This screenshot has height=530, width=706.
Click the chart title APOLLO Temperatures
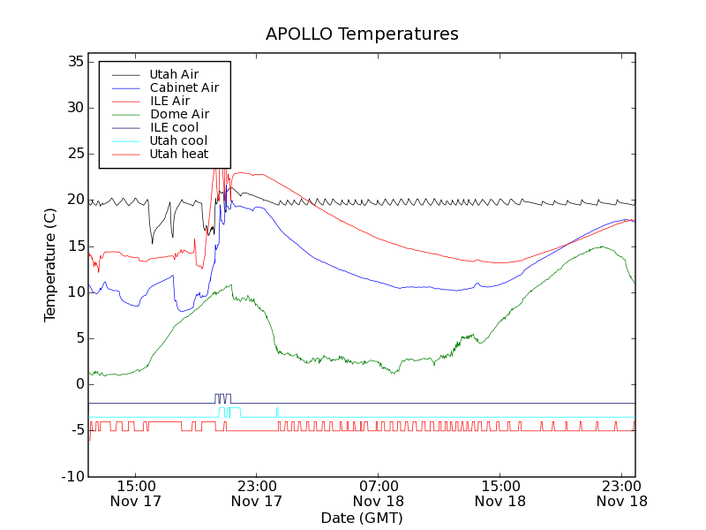[x=362, y=34]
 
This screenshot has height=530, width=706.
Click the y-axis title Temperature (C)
[x=50, y=265]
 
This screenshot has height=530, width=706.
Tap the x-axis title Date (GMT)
[x=362, y=518]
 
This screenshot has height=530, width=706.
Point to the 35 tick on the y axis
[x=73, y=62]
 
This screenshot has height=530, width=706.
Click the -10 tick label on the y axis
[x=71, y=476]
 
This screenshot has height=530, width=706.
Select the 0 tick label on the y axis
[x=79, y=384]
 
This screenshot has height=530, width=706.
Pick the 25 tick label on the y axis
[x=73, y=154]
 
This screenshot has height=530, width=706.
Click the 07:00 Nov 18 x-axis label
[x=378, y=493]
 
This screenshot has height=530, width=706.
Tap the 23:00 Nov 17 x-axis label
[x=256, y=493]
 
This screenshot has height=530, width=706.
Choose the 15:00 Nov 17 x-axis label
[x=135, y=493]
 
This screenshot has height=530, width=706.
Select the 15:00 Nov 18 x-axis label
[x=499, y=493]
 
